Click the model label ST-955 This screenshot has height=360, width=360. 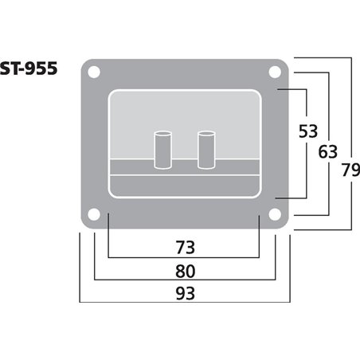coord(29,69)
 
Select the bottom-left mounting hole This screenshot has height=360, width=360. coord(94,214)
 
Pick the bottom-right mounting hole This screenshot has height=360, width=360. coord(275,214)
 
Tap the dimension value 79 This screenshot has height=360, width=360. coord(349,170)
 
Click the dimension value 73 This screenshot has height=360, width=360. coord(184,244)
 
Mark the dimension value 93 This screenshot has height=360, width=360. coord(184,292)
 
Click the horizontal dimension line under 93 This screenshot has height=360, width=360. coord(184,303)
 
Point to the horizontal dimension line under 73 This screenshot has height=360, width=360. coord(184,257)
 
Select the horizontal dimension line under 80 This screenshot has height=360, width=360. coord(184,280)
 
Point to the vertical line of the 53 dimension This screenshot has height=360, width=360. coord(307,167)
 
